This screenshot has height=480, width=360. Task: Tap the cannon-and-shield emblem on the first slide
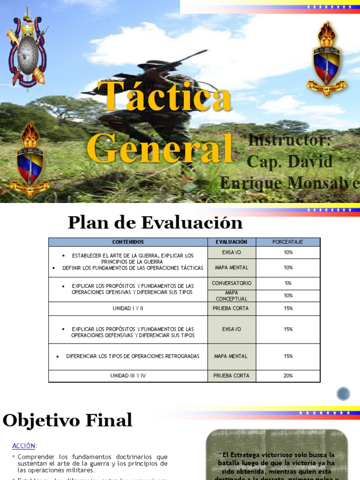[26, 49]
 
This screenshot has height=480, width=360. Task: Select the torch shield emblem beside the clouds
[326, 60]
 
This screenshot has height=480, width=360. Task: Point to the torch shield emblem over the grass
[30, 159]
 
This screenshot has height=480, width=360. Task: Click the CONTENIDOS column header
[128, 242]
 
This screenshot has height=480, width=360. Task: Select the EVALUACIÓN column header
[232, 242]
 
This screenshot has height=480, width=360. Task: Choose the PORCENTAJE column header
[288, 242]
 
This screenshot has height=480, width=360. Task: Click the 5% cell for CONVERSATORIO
[288, 283]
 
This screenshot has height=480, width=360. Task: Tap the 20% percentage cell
[288, 375]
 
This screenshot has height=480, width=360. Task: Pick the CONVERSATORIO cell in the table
[232, 283]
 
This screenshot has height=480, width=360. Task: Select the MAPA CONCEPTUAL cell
[232, 296]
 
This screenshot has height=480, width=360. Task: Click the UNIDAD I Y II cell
[128, 308]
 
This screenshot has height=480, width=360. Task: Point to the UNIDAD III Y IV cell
[128, 375]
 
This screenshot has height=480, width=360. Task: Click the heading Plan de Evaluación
[155, 222]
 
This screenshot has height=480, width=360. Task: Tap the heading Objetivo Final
[67, 420]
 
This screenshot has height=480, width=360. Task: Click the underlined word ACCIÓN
[24, 446]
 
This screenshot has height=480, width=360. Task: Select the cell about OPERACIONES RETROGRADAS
[128, 356]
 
